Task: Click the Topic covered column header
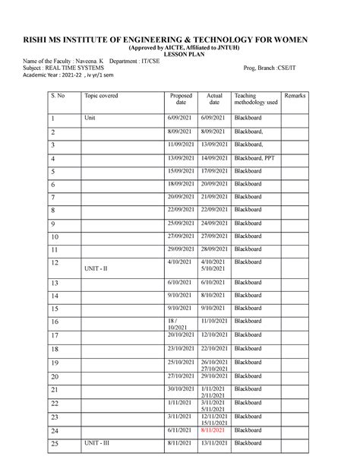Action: click(101, 96)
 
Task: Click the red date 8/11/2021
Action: click(214, 430)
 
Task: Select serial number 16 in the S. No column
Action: click(54, 322)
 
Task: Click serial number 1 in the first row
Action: click(53, 119)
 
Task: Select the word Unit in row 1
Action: click(90, 119)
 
